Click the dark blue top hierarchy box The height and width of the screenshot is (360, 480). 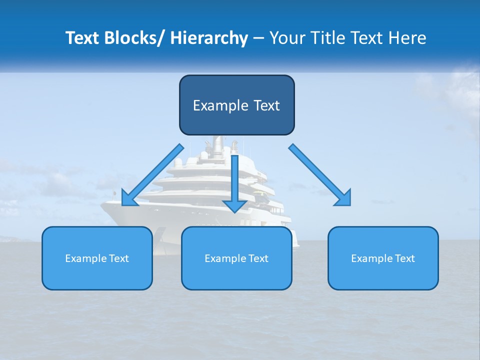pos(236,105)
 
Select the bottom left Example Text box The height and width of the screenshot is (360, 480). pos(97,258)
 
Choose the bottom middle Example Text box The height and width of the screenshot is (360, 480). pos(236,258)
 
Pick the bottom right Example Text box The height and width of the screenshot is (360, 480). pos(383,258)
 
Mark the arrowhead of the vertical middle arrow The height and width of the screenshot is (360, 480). pos(234,205)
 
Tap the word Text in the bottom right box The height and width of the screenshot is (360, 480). pos(404,258)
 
